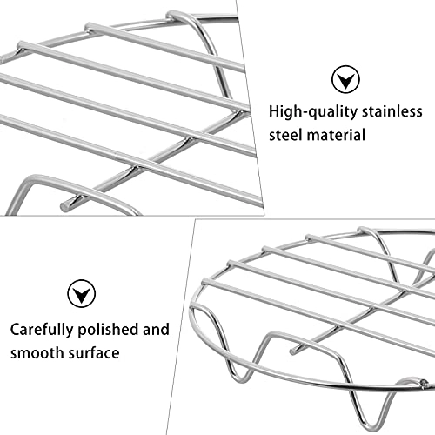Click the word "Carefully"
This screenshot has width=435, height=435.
coord(43,331)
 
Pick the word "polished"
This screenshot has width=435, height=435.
coord(111,331)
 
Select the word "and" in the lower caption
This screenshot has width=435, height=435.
coord(156,331)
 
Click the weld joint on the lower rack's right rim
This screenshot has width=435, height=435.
coord(423,383)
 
